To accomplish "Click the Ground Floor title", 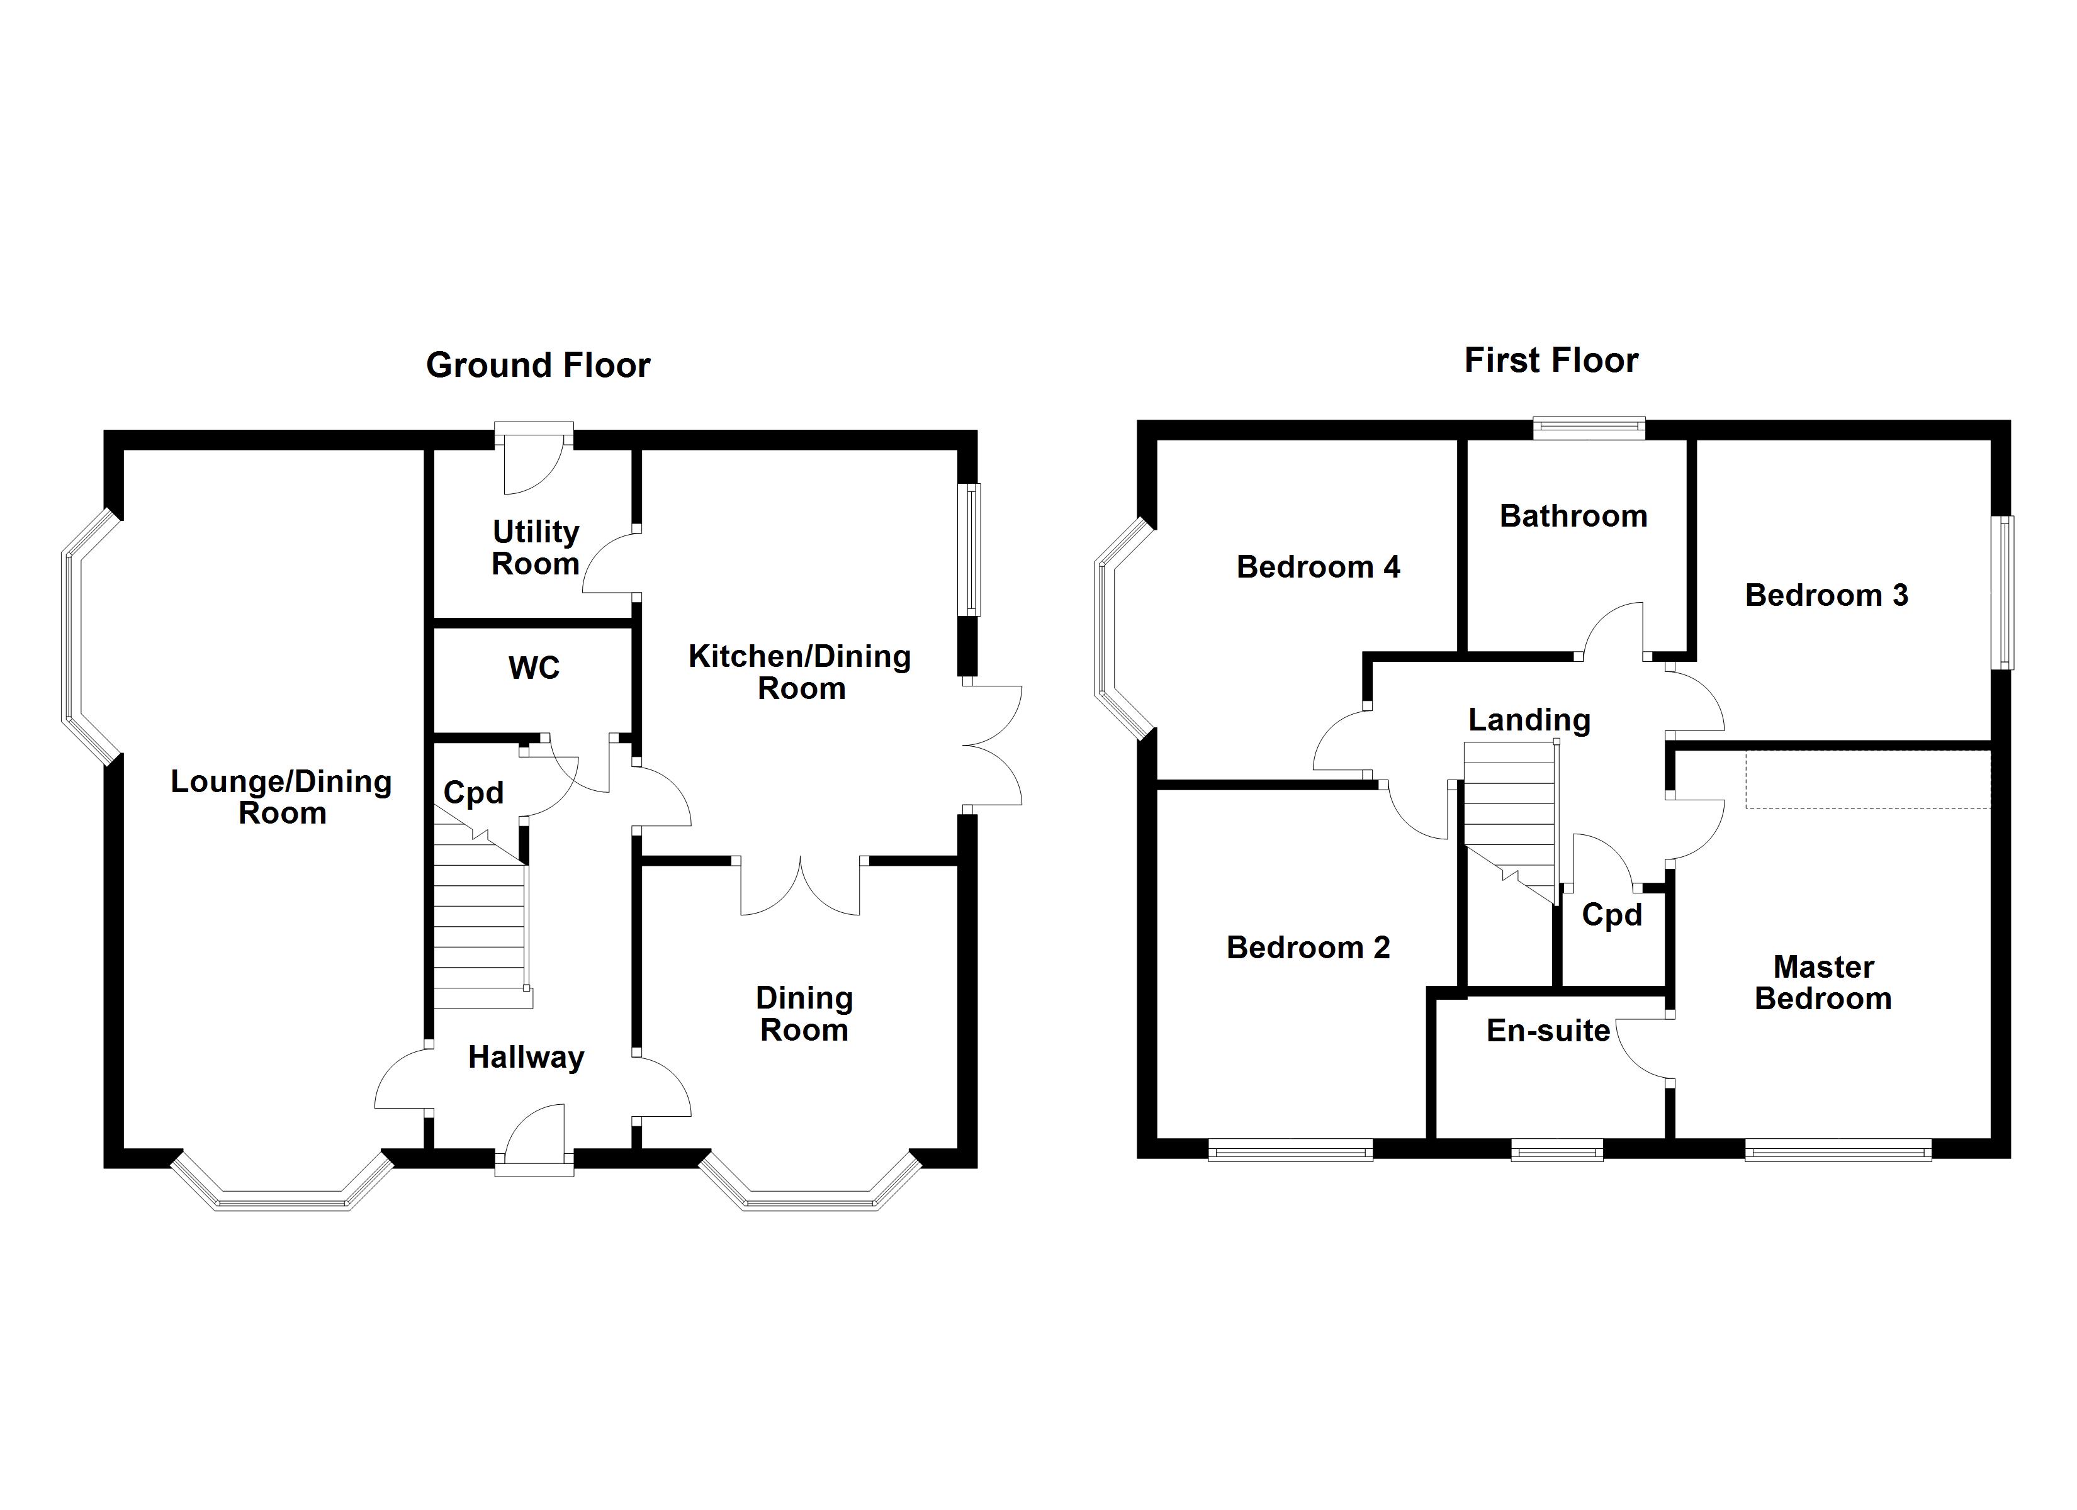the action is tap(539, 366).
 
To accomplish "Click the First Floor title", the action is tap(1551, 360).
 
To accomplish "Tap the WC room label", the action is tap(534, 668).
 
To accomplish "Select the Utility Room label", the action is tap(536, 547).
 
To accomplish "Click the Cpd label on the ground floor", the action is tap(473, 793).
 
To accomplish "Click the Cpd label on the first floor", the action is tap(1612, 915).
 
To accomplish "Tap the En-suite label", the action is tap(1548, 1031).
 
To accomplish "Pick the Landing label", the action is tap(1529, 720).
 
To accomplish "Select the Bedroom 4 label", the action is tap(1318, 567).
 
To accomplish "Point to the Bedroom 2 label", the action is tap(1308, 947).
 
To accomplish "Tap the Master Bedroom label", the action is tap(1823, 983).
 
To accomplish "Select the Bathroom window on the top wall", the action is tap(1590, 428).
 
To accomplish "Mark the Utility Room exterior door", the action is tap(534, 458).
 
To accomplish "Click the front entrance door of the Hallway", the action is tap(534, 1140).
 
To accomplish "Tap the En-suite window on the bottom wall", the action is tap(1557, 1150).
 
